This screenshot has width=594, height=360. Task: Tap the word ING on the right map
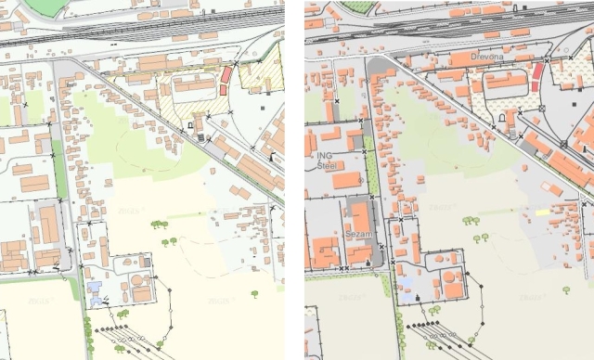click(324, 155)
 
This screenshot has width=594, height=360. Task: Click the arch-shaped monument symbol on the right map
click(500, 119)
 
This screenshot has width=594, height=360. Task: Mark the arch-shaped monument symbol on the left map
click(190, 122)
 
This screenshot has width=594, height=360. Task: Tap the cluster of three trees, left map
click(159, 225)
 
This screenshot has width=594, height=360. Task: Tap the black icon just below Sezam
click(368, 263)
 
